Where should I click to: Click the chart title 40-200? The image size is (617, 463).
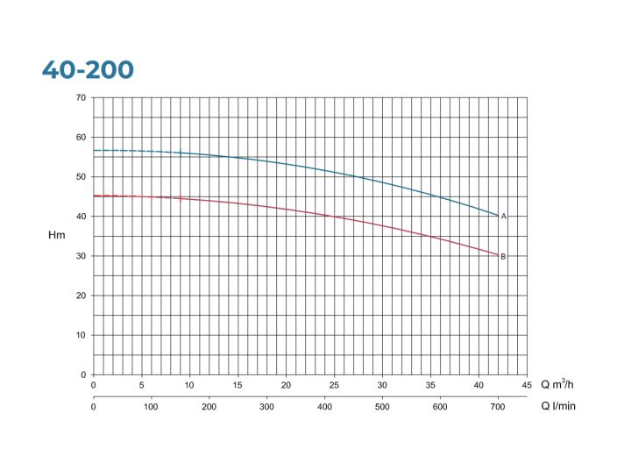[88, 70]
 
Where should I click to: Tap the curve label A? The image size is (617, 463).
[504, 216]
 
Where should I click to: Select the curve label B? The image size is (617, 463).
[503, 256]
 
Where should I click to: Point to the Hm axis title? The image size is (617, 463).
[56, 235]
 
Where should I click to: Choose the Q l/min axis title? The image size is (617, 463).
[557, 406]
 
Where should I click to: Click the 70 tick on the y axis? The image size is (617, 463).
[81, 97]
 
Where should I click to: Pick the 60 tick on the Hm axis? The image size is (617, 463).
[81, 137]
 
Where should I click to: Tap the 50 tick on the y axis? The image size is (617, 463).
[81, 176]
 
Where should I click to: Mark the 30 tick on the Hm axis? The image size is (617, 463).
[81, 256]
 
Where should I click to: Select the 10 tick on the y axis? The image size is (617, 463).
[81, 335]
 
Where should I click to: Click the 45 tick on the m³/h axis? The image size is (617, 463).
[527, 385]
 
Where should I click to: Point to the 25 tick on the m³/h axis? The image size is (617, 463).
[334, 385]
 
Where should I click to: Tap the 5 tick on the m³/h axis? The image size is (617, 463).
[141, 385]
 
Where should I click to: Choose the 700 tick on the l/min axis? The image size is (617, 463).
[498, 407]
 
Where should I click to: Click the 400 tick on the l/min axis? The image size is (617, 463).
[324, 407]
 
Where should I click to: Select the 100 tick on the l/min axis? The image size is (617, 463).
[151, 407]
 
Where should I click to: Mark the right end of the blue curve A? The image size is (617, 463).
[498, 216]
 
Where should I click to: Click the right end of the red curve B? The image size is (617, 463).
[498, 255]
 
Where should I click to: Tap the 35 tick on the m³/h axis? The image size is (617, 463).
[430, 385]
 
